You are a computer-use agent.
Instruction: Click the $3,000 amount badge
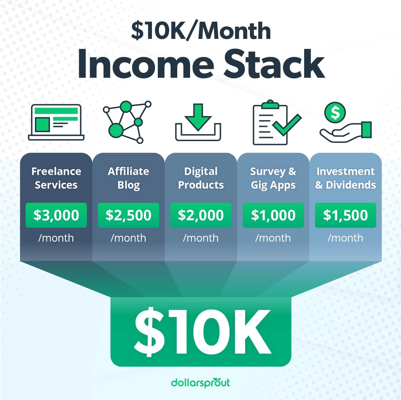(56, 215)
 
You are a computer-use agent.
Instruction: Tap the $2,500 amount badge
(128, 215)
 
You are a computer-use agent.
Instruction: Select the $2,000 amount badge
(201, 215)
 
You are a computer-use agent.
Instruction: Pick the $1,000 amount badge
(273, 215)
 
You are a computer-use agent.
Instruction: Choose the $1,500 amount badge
(345, 215)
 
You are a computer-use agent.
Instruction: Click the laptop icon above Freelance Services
(56, 122)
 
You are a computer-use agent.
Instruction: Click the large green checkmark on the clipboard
(287, 125)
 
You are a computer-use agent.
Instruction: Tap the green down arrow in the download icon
(198, 117)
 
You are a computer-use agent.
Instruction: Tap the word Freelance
(56, 171)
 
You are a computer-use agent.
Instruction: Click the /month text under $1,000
(273, 238)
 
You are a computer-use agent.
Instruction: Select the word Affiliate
(128, 171)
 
